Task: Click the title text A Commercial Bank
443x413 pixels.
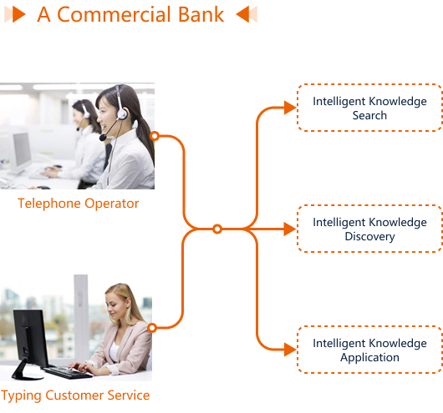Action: tap(130, 14)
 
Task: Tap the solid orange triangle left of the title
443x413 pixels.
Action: tap(18, 14)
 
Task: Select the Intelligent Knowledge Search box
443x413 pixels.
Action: tap(369, 108)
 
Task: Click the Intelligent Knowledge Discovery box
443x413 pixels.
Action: tap(369, 229)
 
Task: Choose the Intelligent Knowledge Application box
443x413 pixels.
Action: tap(369, 350)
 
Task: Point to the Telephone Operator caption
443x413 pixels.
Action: tap(79, 204)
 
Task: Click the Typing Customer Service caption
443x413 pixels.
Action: tap(75, 395)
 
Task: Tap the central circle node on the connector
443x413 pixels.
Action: tap(217, 229)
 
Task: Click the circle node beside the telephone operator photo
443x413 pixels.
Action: tap(155, 136)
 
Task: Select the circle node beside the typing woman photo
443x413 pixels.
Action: tap(152, 328)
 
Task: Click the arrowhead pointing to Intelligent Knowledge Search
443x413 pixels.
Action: tap(290, 108)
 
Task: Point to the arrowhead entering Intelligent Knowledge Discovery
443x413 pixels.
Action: tap(290, 229)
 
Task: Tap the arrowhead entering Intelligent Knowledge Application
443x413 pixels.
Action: tap(290, 350)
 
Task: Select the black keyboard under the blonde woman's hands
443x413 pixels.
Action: tap(67, 372)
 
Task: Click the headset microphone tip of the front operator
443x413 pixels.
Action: tap(103, 138)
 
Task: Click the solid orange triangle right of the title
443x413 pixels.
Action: tap(242, 14)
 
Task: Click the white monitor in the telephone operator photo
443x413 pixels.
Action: tap(21, 154)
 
